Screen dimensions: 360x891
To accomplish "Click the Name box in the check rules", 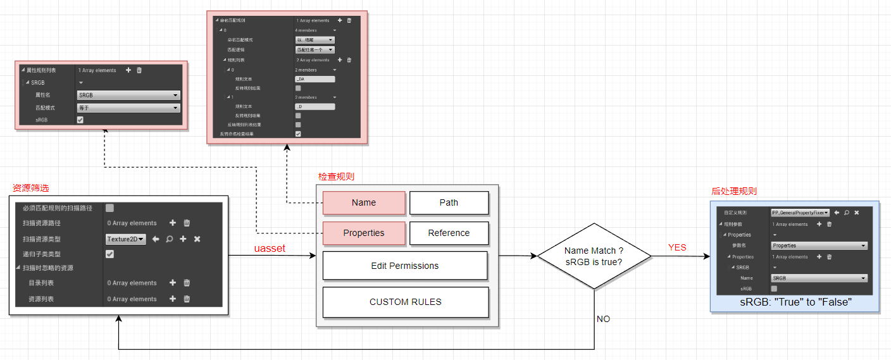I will [x=364, y=202].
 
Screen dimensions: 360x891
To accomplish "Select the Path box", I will [x=449, y=202].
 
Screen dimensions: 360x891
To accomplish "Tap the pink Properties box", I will [x=364, y=233].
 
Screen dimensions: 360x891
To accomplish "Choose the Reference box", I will [x=449, y=233].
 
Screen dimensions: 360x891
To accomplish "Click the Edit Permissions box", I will [x=404, y=266].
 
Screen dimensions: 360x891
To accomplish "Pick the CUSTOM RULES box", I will [x=405, y=302].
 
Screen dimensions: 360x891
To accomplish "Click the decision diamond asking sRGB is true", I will [x=594, y=256].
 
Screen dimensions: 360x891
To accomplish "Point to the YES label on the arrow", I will [x=677, y=247].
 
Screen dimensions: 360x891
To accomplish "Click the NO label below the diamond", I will [x=603, y=319].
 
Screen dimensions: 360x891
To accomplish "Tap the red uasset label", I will [x=270, y=249].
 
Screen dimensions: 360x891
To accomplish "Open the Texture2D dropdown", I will [x=126, y=239].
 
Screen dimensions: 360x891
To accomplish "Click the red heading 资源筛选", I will [x=31, y=188].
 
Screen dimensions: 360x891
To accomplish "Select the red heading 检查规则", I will [x=336, y=177].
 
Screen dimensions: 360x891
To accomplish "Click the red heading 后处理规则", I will [x=734, y=191].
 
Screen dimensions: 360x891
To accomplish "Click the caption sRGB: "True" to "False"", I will [x=795, y=302].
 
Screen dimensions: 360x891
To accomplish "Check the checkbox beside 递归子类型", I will [x=109, y=254].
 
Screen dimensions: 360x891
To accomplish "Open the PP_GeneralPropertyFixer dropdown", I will [x=800, y=213].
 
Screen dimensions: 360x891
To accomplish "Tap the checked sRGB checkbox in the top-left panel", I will [x=80, y=120].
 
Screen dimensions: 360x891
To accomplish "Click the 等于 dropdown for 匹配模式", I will [x=128, y=108].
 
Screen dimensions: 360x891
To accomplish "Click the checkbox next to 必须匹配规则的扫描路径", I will [x=109, y=208].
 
